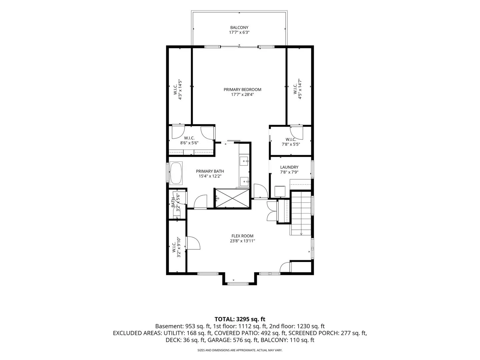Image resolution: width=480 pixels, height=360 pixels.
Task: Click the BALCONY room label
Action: (x=239, y=28)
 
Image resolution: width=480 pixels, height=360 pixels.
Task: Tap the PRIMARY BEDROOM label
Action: (x=242, y=89)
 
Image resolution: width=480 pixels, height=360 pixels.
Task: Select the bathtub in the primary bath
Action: (x=176, y=173)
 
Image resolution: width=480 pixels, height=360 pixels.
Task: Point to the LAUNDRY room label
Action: (x=289, y=167)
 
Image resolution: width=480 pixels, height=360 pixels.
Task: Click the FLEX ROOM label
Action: (x=242, y=236)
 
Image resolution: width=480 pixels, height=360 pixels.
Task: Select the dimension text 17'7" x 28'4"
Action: (x=242, y=95)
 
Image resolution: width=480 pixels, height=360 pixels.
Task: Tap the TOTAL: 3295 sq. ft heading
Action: (x=240, y=319)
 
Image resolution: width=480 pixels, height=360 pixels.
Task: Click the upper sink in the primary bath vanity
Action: (x=244, y=161)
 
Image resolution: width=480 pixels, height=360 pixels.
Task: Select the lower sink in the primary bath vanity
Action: (x=244, y=181)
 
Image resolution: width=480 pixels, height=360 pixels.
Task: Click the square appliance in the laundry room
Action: (x=280, y=191)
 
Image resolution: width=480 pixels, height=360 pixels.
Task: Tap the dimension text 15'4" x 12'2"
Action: (x=210, y=176)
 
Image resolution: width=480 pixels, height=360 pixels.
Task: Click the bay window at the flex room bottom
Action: (x=238, y=284)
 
